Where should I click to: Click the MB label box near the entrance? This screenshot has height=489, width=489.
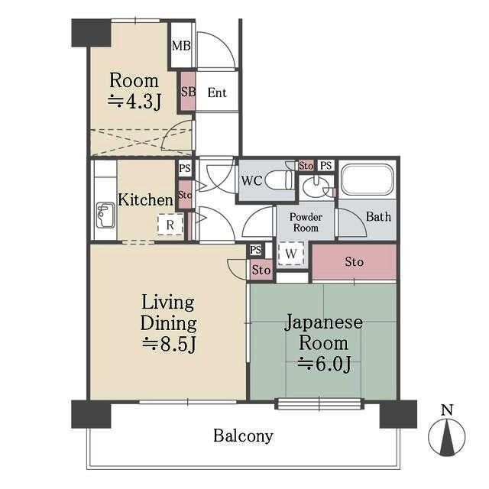point(181,46)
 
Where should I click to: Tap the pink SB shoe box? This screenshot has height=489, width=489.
point(188,92)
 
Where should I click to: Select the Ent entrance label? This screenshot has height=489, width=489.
point(217,93)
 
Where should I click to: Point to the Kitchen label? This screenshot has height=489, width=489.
point(145,200)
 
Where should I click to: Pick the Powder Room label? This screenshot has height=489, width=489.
point(305,222)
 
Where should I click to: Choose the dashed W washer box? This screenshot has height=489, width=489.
point(291,254)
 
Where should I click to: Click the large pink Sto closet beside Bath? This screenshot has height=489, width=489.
point(354,262)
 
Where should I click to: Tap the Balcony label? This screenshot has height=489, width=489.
point(243,436)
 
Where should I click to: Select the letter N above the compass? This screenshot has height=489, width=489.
point(448,410)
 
